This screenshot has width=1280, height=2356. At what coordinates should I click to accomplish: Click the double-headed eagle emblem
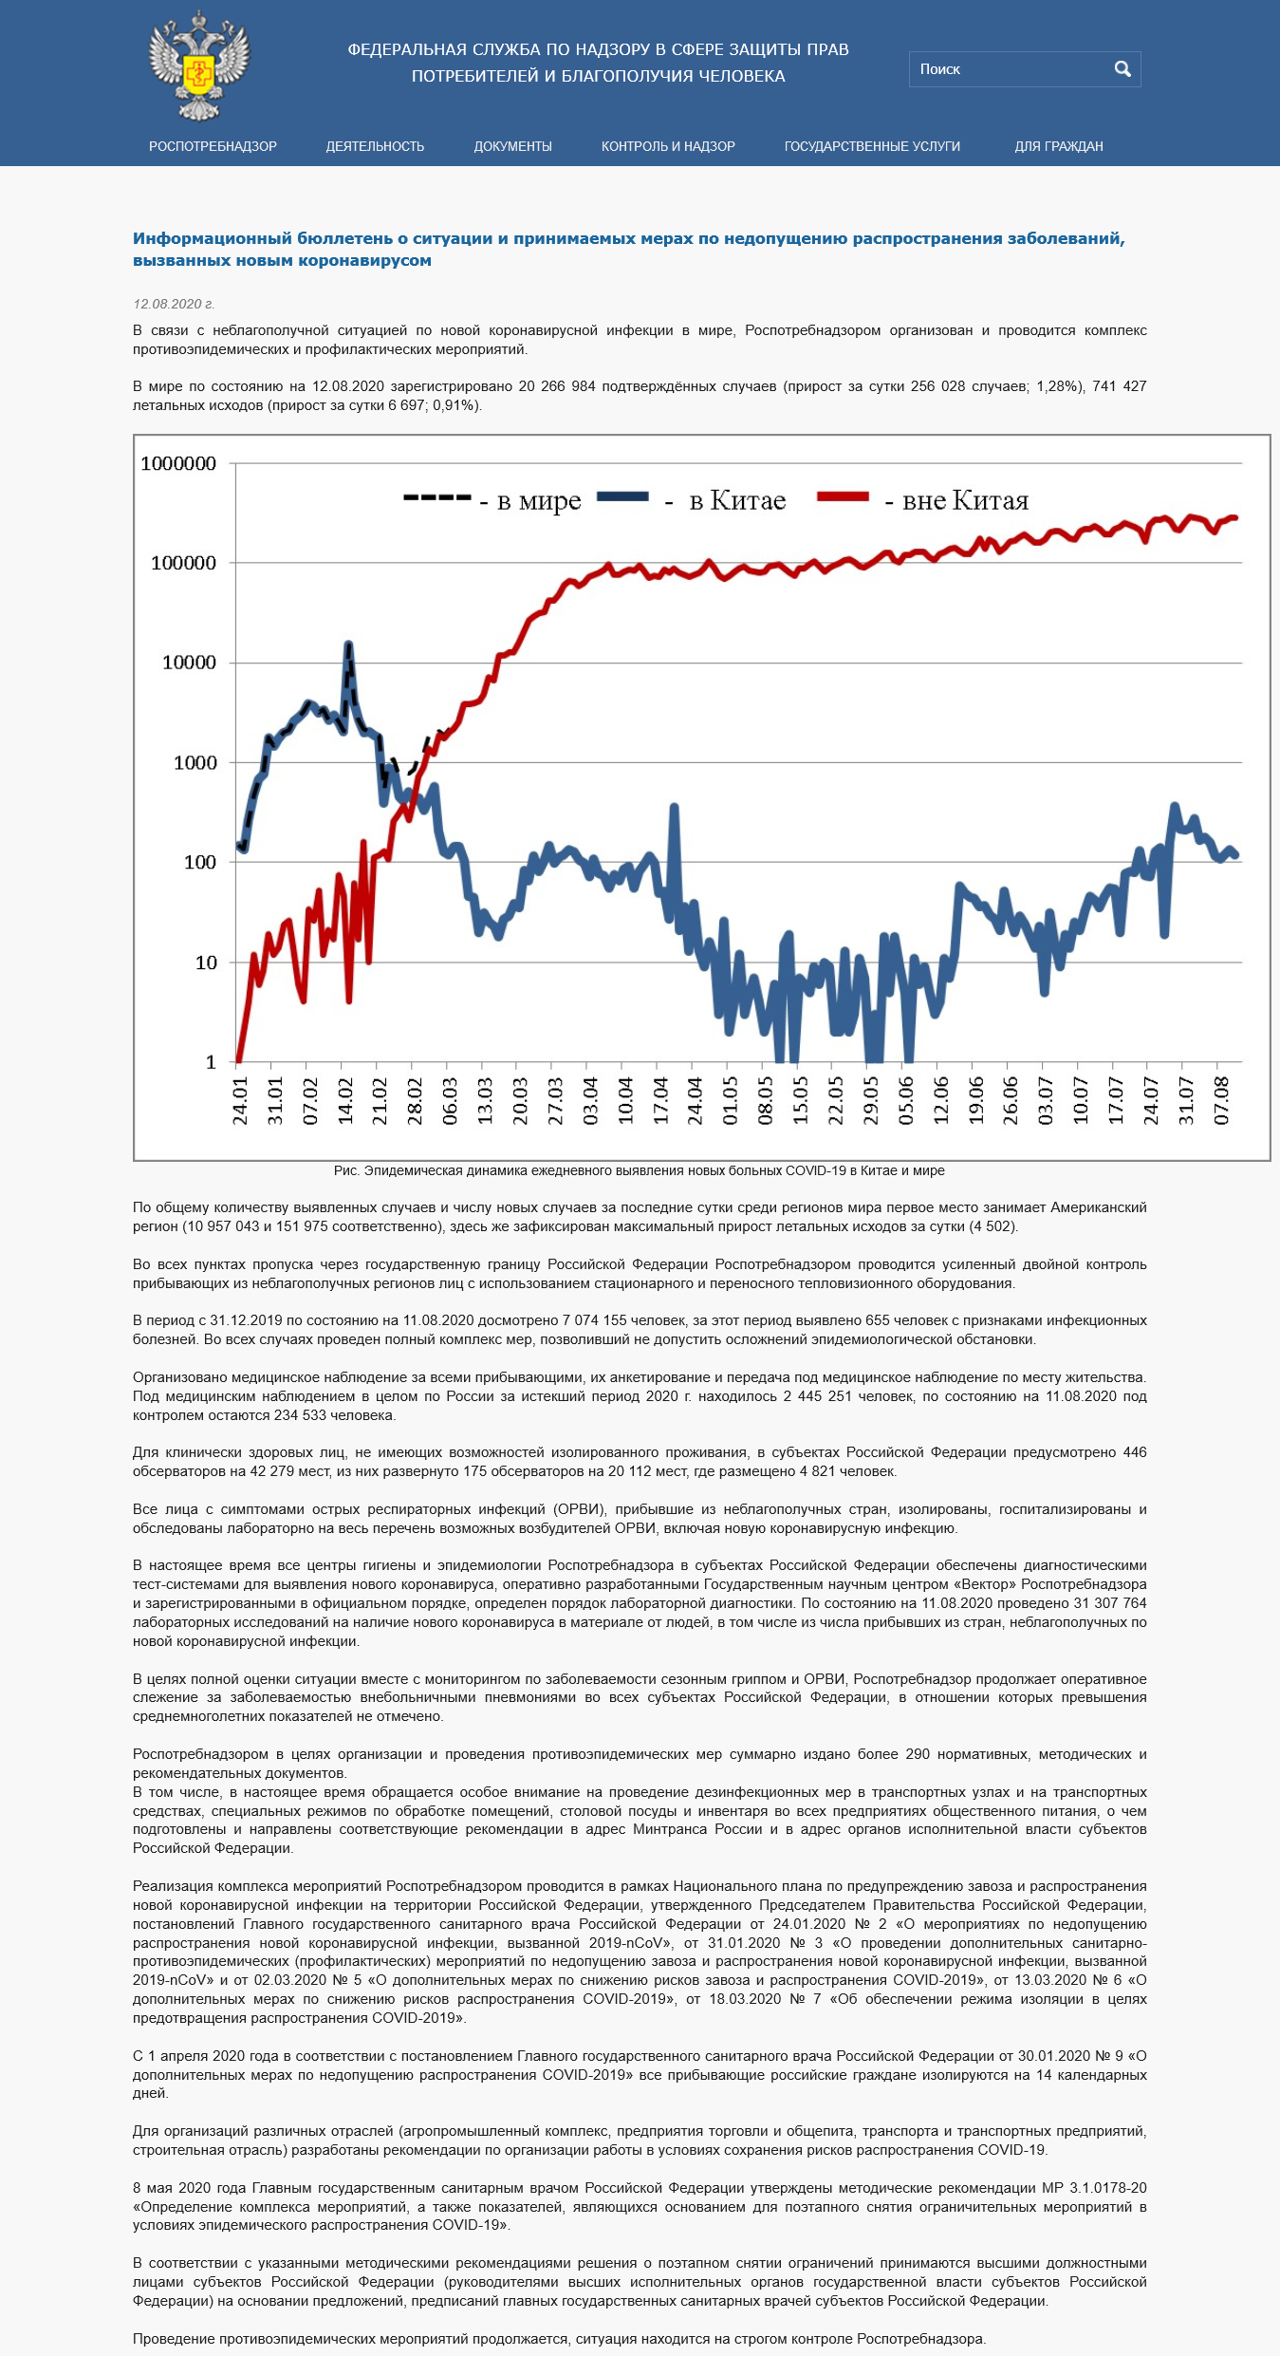coord(199,66)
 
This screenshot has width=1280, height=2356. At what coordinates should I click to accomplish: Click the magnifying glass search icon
coord(1122,69)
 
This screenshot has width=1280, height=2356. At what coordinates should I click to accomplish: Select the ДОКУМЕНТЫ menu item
coord(513,146)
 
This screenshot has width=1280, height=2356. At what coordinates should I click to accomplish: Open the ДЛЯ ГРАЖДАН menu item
coord(1059,146)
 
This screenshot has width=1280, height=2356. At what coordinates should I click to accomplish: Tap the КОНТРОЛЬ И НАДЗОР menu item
coord(668,146)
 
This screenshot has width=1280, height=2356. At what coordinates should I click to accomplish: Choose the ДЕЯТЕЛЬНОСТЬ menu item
coord(375,146)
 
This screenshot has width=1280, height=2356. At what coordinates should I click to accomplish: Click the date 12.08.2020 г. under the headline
coord(174,304)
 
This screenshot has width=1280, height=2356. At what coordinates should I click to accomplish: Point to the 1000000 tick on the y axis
coord(178,463)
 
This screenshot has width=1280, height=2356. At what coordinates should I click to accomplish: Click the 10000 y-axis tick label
coord(189,663)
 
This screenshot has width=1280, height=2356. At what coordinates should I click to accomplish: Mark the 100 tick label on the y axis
coord(200,862)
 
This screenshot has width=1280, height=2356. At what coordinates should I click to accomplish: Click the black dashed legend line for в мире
coord(437,497)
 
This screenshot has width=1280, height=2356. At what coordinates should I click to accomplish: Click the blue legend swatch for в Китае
coord(622,496)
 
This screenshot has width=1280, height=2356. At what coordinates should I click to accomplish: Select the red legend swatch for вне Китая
coord(844,496)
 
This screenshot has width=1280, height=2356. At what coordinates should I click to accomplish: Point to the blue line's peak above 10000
coord(348,645)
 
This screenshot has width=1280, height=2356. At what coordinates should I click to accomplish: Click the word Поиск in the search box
coord(940,69)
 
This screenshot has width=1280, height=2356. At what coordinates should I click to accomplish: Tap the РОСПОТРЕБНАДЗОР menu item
coord(213,146)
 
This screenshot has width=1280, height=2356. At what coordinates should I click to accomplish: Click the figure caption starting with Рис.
coord(640,1170)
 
